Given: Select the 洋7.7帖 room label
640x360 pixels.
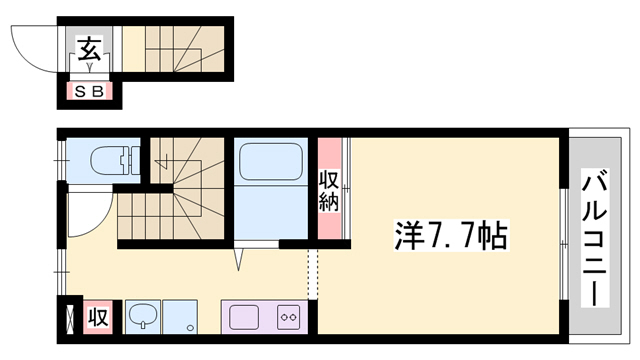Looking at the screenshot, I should click(449, 238).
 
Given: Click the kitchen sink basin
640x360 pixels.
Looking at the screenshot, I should click(246, 317).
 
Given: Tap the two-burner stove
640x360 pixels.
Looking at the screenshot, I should click(289, 317).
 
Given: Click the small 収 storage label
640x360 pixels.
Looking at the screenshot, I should click(99, 318).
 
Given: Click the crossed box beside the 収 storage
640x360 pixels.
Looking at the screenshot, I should click(68, 319).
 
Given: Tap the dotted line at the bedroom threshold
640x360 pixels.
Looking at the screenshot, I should click(311, 270).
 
